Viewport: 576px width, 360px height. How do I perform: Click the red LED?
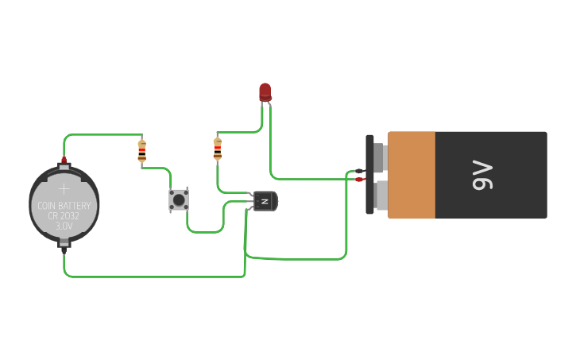tap(265, 91)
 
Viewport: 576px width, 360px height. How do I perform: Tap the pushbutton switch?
tap(179, 199)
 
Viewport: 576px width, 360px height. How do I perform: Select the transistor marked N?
tap(265, 201)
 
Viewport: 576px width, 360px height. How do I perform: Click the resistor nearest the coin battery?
tap(142, 150)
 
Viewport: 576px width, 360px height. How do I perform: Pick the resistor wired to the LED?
tap(217, 148)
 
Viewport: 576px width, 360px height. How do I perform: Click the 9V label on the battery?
tap(482, 175)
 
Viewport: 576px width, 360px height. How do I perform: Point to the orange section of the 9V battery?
tap(411, 175)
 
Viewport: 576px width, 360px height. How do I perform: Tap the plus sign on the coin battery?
tap(64, 189)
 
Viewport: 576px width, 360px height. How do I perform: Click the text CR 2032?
tap(64, 216)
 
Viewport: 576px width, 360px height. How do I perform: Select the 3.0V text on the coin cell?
tap(64, 226)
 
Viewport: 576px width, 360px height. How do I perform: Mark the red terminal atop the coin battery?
tap(64, 161)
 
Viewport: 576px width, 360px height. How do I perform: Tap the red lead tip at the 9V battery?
tap(360, 180)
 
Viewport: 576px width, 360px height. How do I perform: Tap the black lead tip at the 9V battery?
tap(360, 171)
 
